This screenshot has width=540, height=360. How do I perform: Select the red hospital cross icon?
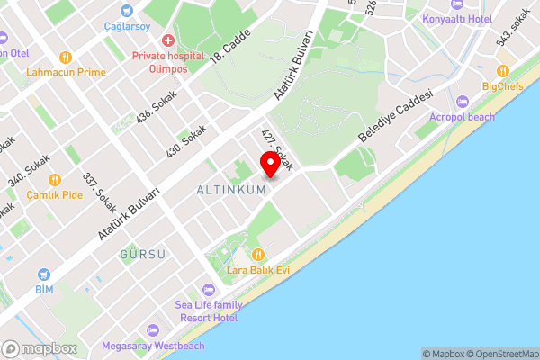pos(168,40)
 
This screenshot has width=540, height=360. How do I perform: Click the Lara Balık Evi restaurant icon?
pos(258,254)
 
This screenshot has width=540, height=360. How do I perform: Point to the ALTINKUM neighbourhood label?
pos(231,190)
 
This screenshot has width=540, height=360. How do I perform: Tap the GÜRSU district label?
pos(142,255)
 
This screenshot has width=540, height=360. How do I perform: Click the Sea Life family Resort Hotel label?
pos(207,311)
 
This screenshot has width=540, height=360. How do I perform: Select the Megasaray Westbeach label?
pos(153,346)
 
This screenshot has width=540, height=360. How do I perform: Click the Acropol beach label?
pos(463,117)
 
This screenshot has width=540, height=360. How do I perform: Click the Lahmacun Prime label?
pos(67,72)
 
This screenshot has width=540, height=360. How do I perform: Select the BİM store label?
pos(44,290)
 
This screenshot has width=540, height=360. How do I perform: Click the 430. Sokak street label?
pos(186,143)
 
